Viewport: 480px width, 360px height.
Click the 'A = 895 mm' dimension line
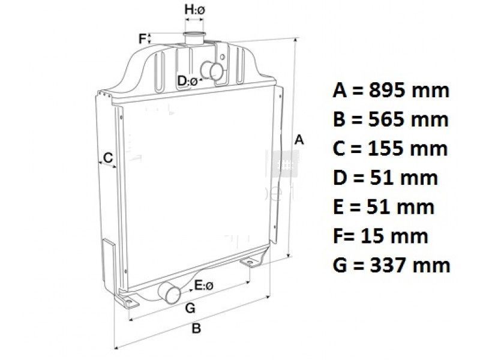pos(391,91)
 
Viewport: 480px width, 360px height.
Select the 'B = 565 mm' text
pos(391,119)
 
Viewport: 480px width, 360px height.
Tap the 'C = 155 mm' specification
pos(391,148)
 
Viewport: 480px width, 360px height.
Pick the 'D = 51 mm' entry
pos(385,178)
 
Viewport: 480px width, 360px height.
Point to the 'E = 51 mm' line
pos(384,206)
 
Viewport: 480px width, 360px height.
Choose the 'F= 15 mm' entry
pos(380,236)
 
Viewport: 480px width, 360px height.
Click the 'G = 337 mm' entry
pos(392,265)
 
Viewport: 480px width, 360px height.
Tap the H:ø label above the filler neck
pos(194,10)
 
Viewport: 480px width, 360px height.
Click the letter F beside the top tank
pos(142,39)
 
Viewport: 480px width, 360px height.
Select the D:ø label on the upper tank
pos(187,81)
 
